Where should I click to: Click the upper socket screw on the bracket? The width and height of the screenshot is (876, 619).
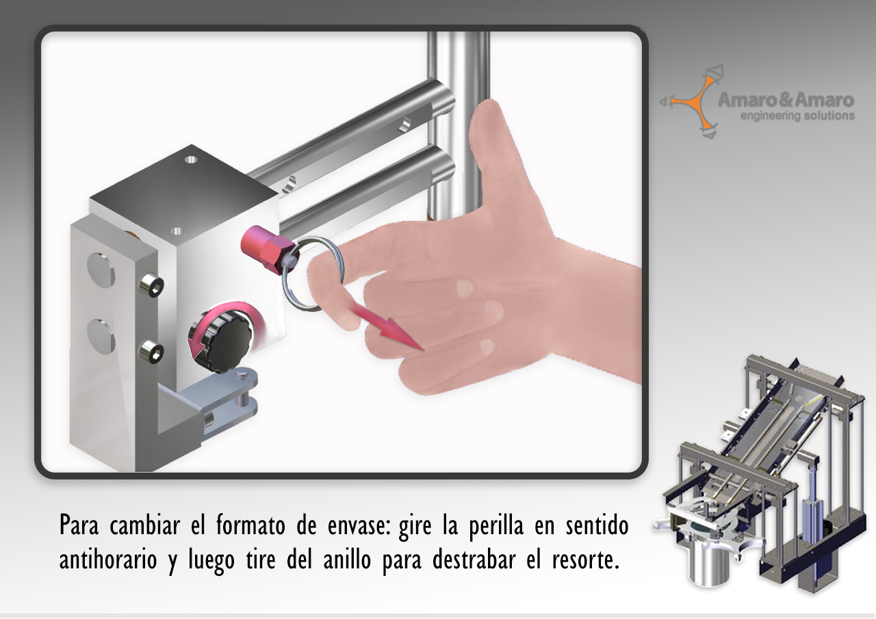coord(151,284)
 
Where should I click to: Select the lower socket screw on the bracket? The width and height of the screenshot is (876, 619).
coord(151,352)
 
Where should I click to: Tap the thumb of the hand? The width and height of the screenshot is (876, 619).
coord(493,157)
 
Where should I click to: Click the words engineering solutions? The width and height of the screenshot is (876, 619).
coord(797,116)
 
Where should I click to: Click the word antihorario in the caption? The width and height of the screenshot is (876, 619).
coord(108,559)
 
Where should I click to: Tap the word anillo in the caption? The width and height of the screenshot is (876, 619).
coord(347,559)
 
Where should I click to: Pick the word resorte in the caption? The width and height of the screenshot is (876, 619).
coord(585,560)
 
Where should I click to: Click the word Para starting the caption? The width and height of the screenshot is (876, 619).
coord(79,525)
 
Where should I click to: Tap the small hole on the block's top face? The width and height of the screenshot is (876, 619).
coord(191,159)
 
